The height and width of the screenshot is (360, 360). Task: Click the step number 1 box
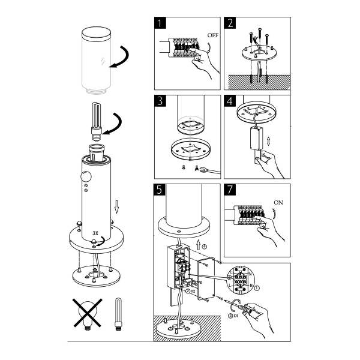tap(160, 23)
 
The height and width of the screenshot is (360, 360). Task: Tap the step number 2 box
tap(230, 23)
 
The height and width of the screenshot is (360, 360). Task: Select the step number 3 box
tap(160, 101)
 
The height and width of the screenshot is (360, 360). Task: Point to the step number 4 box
tap(230, 101)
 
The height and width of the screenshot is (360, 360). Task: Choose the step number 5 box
tap(160, 190)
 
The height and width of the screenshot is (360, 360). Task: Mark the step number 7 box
tap(230, 190)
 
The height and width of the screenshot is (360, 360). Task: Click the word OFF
tap(213, 35)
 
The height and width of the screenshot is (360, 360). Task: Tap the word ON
tap(278, 203)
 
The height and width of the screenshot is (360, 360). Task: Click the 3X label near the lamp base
tap(95, 233)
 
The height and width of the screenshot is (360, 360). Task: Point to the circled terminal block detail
tap(241, 280)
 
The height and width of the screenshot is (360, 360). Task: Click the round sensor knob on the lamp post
tap(86, 177)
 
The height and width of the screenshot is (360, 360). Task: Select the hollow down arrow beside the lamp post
tap(116, 207)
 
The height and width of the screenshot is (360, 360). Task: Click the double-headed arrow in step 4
tap(269, 141)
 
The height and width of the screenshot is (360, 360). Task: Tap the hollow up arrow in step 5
tap(199, 245)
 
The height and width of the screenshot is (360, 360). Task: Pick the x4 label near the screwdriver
tap(236, 316)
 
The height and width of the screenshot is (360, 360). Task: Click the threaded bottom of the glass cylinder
tap(97, 91)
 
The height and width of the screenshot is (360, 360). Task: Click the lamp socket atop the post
tap(97, 152)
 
